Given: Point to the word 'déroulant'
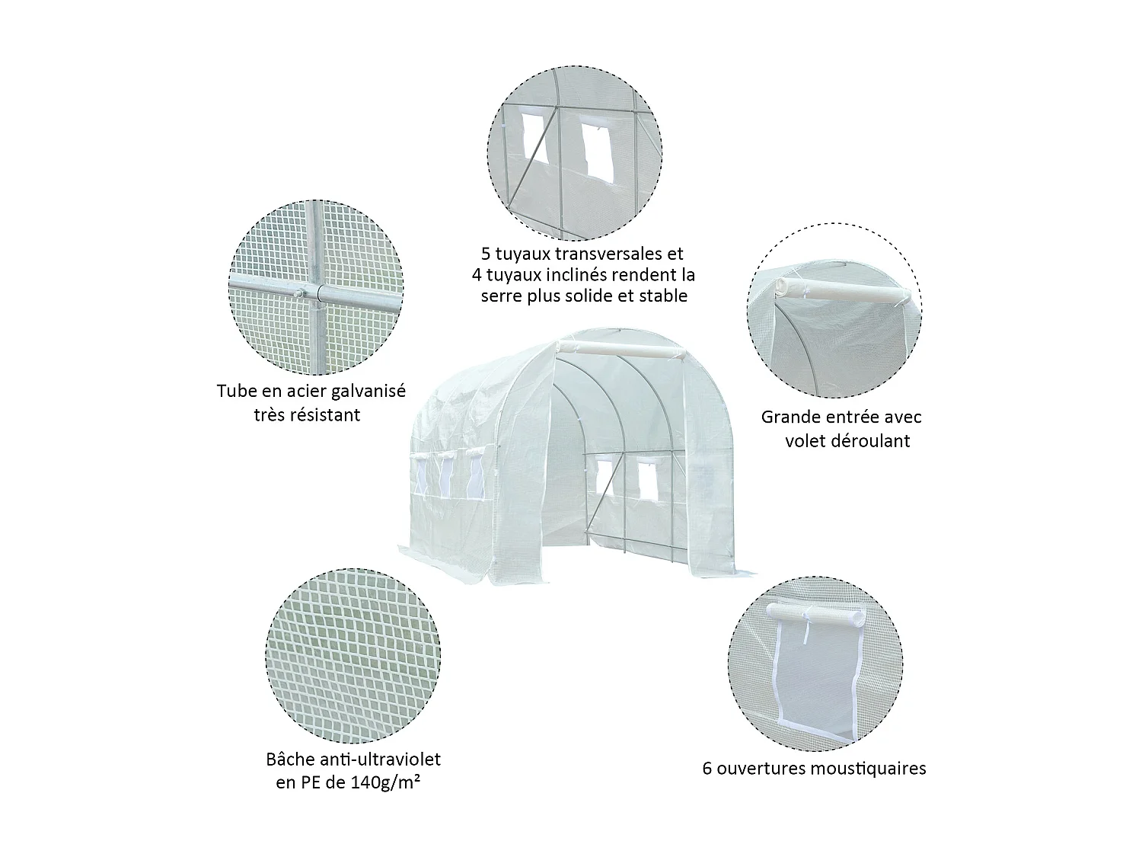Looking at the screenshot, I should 871,441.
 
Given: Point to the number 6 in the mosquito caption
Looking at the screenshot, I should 708,768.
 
